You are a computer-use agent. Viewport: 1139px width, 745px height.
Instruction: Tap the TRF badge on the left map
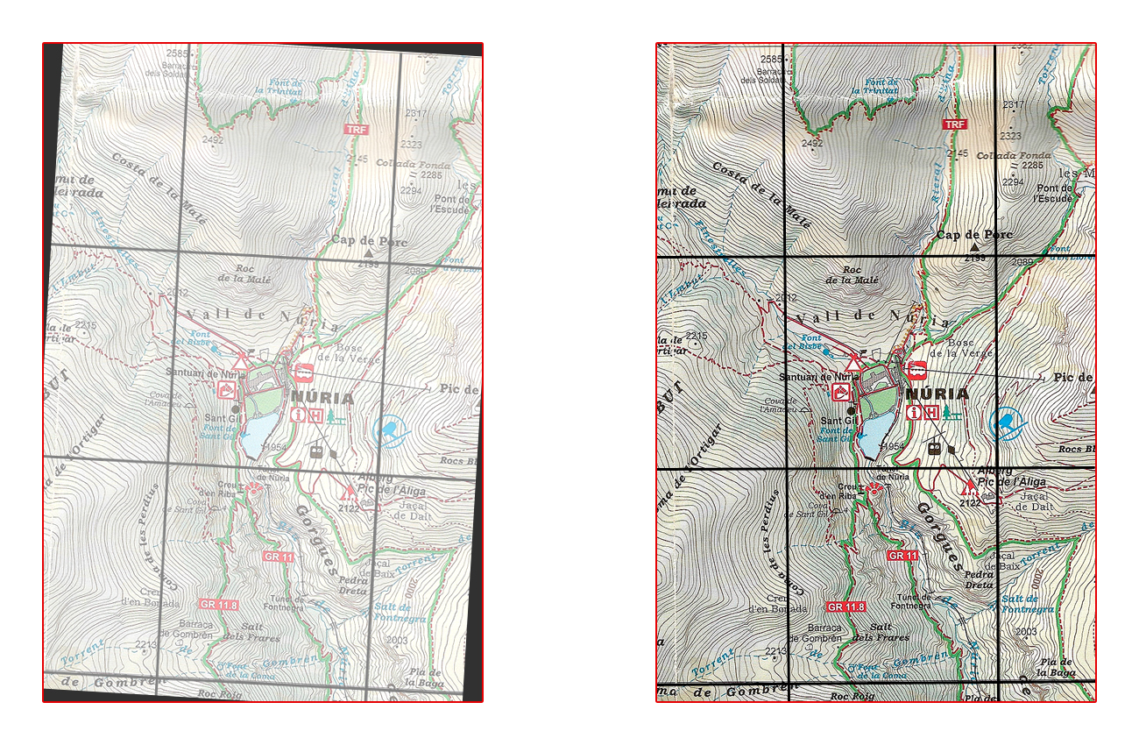click(356, 130)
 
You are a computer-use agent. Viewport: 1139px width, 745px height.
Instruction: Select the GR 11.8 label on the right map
click(845, 607)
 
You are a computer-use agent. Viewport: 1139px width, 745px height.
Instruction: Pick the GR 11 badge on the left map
click(274, 556)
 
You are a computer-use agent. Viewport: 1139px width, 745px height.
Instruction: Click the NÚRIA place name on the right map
click(937, 394)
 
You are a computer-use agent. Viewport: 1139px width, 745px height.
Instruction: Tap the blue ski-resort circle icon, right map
click(1008, 422)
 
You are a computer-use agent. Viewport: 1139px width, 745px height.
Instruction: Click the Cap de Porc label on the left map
click(369, 241)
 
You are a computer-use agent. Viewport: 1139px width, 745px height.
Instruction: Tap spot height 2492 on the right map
click(812, 143)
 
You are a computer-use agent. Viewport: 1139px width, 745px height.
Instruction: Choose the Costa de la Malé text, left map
click(159, 188)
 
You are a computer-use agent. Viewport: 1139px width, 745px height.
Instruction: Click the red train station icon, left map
click(304, 372)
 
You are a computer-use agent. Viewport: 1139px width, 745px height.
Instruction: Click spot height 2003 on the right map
click(1025, 631)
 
